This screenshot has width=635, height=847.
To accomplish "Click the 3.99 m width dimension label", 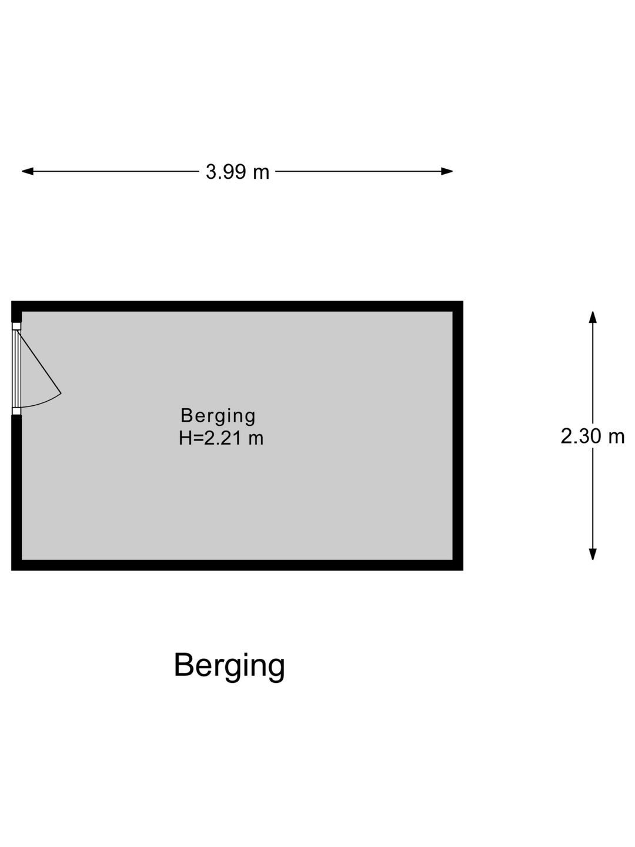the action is pos(237,172).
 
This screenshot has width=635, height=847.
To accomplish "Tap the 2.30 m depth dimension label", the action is pos(592,436).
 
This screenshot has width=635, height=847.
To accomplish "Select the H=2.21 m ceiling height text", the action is pos(221,438).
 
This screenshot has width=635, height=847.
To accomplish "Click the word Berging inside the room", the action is pos(218,416).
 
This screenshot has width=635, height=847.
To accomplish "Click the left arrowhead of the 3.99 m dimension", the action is pos(28,171).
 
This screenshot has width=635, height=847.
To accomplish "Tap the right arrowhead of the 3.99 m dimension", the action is pos(447,171).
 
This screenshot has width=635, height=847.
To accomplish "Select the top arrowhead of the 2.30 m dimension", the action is pos(593,317).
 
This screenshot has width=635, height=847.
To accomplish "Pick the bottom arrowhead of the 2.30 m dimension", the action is pos(593,554).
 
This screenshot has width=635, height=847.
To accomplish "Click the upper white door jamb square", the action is pos(16,326).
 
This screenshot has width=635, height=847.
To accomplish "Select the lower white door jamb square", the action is pos(16,411).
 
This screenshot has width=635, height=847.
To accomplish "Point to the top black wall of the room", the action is pos(237,306).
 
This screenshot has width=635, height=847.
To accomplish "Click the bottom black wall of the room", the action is pos(237,565).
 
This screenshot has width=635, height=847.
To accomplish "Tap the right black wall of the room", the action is pos(458,436).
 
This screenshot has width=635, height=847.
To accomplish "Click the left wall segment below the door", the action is pos(16,492).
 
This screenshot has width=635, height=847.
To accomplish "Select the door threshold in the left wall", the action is pos(16,369).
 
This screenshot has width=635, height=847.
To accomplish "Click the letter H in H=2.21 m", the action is pos(185,438).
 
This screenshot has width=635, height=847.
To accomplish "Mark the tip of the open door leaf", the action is pos(61,394).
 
